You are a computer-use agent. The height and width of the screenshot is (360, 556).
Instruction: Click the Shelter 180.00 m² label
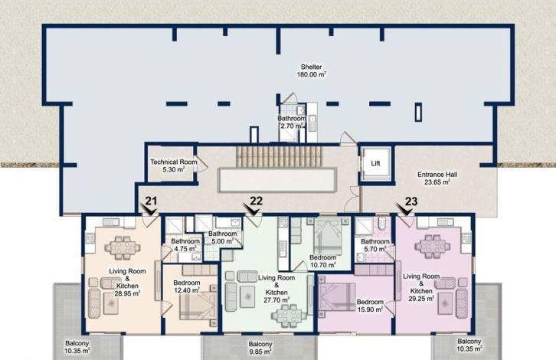[x=312, y=70]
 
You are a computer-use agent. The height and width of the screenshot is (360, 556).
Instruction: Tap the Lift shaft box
[x=375, y=163]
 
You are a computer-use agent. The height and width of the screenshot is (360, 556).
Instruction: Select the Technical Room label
[x=173, y=162]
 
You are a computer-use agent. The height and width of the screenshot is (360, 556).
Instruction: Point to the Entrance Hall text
[x=437, y=175]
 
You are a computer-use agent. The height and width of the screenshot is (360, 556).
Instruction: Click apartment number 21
[x=151, y=201]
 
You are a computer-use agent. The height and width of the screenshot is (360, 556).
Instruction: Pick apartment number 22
[x=257, y=201]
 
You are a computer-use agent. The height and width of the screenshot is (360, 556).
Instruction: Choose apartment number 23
[x=411, y=201]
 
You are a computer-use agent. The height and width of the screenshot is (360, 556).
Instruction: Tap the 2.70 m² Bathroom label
[x=291, y=122]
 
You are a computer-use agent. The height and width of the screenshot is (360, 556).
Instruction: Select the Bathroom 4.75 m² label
[x=185, y=245]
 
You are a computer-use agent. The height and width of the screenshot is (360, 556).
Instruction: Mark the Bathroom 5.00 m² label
[x=222, y=237]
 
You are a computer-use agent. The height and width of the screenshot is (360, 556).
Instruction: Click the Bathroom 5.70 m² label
[x=375, y=245]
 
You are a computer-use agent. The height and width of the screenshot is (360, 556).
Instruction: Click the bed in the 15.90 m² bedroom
[x=337, y=297]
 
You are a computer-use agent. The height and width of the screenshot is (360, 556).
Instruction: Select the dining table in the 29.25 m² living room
[x=432, y=246]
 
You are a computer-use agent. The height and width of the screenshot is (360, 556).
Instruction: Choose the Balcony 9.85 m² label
[x=260, y=348]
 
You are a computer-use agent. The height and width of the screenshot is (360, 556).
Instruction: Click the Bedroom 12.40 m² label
[x=187, y=286]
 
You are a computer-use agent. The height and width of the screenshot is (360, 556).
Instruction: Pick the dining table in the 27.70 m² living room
[x=289, y=316]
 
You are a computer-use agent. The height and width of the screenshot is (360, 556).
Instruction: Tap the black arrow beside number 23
[x=404, y=211]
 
